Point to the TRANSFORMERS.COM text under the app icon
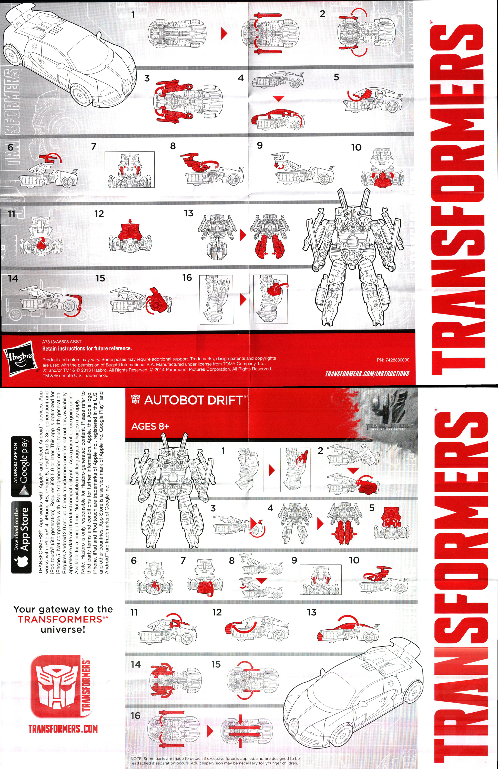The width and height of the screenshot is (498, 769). [63, 728]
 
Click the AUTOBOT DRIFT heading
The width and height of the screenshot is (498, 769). [193, 400]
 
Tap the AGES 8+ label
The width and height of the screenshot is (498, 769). [150, 427]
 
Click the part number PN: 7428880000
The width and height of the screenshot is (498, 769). [393, 360]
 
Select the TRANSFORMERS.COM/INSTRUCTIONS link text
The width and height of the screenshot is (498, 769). [367, 374]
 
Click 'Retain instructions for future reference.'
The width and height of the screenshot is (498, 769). [87, 348]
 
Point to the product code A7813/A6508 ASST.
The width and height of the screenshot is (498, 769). [62, 341]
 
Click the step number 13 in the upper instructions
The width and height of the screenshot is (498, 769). [189, 213]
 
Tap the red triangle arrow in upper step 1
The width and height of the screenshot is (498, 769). [224, 33]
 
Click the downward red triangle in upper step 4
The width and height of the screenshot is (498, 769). [278, 98]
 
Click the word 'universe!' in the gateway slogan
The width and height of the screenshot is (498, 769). [63, 629]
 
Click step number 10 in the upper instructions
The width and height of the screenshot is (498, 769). [356, 147]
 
